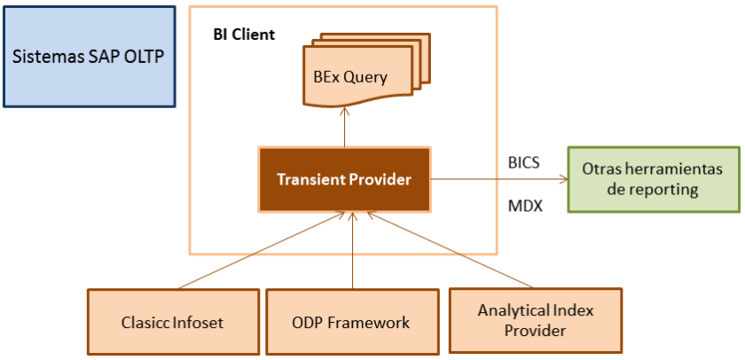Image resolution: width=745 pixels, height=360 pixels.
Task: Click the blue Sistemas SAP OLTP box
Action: (x=90, y=57)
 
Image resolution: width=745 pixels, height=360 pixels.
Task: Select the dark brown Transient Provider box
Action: (x=344, y=179)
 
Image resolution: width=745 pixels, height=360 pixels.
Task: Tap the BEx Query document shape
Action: (x=366, y=70)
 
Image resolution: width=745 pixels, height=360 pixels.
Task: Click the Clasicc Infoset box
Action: (x=174, y=321)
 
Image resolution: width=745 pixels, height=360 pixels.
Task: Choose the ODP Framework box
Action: (x=352, y=321)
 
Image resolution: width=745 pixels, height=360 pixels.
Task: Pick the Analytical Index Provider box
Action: (x=536, y=320)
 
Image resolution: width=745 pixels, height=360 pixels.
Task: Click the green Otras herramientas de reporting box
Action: (x=654, y=179)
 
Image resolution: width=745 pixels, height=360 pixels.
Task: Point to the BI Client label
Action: (x=244, y=35)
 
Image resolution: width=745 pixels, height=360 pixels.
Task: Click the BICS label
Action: (x=523, y=163)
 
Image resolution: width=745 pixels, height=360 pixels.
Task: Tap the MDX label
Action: (x=525, y=207)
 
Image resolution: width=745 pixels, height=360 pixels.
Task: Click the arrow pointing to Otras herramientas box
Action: (x=499, y=179)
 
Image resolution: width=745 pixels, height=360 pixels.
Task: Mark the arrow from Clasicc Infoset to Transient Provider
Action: (x=262, y=250)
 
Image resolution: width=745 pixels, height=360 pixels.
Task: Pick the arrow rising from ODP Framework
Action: (x=352, y=250)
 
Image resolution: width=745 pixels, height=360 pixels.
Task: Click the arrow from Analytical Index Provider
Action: (x=450, y=250)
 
